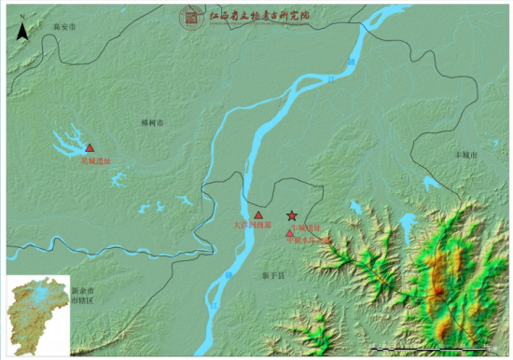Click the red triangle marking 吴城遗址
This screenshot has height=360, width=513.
[90, 147]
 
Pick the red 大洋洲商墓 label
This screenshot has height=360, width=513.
[253, 225]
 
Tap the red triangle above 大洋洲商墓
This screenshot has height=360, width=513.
[258, 215]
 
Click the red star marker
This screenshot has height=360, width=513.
[292, 215]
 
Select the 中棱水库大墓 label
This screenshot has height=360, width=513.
[311, 240]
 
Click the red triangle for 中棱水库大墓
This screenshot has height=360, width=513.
[290, 233]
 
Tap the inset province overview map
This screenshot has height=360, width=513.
[36, 315]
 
